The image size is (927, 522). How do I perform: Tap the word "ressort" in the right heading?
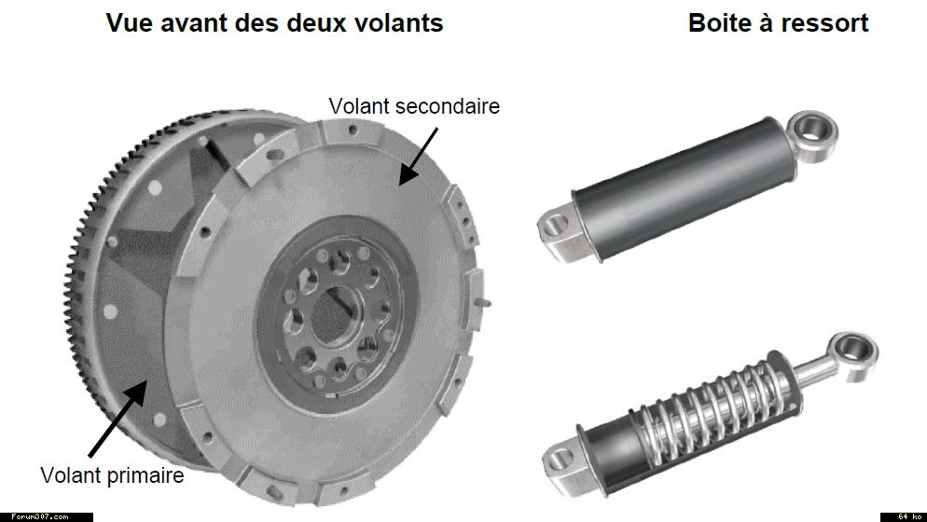(825, 23)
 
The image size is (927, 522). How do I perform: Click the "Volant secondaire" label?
(414, 106)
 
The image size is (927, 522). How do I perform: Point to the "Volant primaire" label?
(112, 475)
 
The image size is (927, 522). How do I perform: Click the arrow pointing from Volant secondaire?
(419, 156)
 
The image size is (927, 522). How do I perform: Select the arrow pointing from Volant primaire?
(118, 419)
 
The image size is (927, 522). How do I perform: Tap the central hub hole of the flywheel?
(334, 314)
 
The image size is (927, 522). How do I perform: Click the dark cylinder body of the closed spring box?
(685, 187)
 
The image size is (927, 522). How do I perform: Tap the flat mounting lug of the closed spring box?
(559, 232)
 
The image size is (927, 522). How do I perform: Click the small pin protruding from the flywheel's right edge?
(483, 303)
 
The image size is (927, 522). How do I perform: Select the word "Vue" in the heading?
(127, 23)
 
